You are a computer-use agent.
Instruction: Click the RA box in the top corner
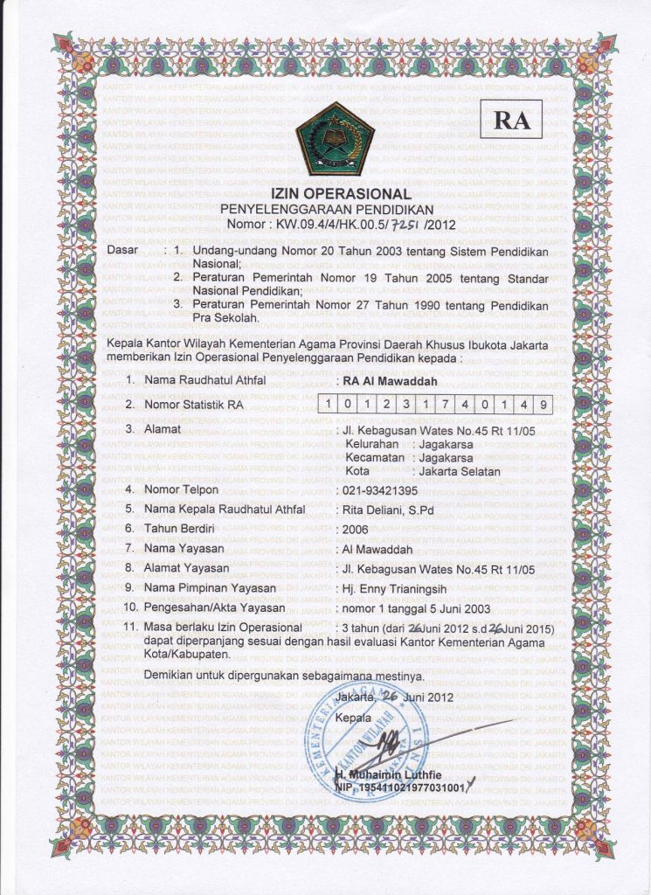[x=512, y=121]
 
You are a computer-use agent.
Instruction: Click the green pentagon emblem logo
[x=334, y=139]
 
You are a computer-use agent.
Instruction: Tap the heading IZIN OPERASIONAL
[x=339, y=193]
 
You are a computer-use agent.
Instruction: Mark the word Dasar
[x=122, y=252]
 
